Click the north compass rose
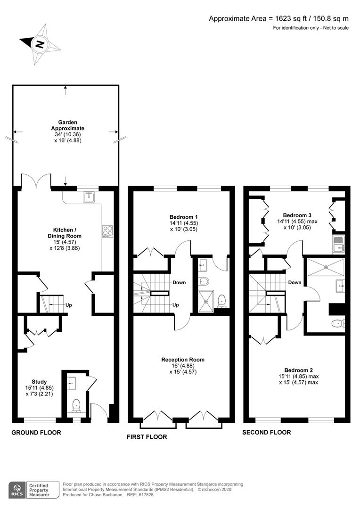[x=40, y=45]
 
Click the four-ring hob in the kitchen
[x=107, y=231]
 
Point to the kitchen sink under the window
[x=88, y=197]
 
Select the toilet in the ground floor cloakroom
[x=76, y=405]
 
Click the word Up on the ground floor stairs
[x=69, y=304]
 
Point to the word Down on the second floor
[x=295, y=283]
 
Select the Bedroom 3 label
[x=295, y=213]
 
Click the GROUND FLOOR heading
[x=36, y=432]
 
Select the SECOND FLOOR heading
[x=266, y=432]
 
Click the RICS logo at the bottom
[x=18, y=489]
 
